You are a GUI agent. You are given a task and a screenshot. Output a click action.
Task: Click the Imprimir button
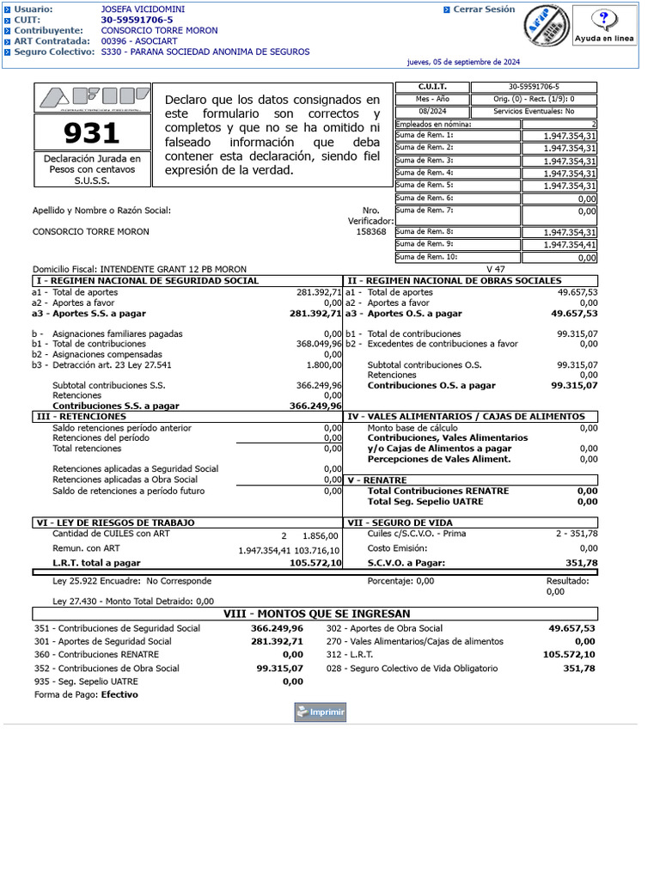coord(320,712)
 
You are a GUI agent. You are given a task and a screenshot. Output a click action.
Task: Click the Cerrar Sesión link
coord(484,9)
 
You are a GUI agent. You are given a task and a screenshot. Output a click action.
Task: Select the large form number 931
coord(92,133)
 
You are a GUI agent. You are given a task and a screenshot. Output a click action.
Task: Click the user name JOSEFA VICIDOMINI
coord(143,9)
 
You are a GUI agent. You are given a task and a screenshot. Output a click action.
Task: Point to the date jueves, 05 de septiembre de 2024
coord(463,62)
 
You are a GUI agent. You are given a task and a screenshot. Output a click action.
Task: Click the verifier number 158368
coord(371,231)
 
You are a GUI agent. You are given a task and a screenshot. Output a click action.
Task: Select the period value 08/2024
coord(433,112)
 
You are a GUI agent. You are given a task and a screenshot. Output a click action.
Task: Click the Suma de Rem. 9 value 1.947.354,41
coord(570,245)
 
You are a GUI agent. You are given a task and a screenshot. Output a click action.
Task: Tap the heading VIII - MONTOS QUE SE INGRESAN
coord(317,614)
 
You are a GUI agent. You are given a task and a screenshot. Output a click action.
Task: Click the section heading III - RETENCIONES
coord(82,416)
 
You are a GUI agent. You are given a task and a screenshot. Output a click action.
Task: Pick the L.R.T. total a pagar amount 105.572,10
coord(315,563)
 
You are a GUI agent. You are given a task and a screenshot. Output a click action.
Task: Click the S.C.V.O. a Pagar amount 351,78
coord(581,563)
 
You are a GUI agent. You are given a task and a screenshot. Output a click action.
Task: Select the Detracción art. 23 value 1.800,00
coord(323,364)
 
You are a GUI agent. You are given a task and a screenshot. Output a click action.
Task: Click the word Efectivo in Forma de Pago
coord(119,694)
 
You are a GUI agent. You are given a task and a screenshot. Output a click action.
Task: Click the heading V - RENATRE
coord(377,480)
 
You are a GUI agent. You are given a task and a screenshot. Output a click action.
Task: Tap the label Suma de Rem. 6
coord(425,198)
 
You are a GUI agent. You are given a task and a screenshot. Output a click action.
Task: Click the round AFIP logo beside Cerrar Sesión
coord(546,27)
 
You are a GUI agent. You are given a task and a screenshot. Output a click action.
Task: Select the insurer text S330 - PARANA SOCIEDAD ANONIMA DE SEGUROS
coord(205,52)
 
